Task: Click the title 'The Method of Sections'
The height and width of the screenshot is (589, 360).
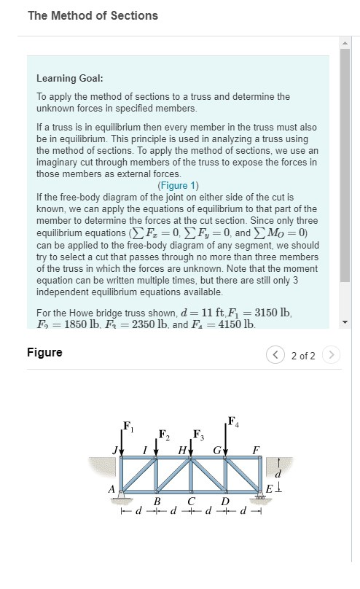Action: pos(93,15)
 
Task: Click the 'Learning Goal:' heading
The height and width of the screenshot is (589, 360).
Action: pos(69,78)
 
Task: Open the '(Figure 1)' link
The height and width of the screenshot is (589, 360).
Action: pos(178,185)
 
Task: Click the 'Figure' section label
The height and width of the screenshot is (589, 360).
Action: pos(44,353)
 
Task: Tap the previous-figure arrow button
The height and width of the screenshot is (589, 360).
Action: pos(276,356)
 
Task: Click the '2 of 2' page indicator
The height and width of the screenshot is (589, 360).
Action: pos(303,356)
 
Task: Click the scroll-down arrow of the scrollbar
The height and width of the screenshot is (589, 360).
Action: pos(345,322)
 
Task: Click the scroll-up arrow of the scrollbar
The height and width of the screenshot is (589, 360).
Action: pos(345,42)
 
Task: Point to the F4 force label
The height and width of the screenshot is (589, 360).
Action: pos(232,421)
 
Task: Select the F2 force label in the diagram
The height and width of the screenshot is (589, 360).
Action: pos(164,436)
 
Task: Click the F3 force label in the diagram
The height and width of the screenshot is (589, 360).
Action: pos(198,435)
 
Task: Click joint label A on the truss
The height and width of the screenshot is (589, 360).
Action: pos(111,490)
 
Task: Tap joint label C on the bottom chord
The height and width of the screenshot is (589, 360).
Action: pos(191,502)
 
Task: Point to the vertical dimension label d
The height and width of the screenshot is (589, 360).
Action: pos(278,478)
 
